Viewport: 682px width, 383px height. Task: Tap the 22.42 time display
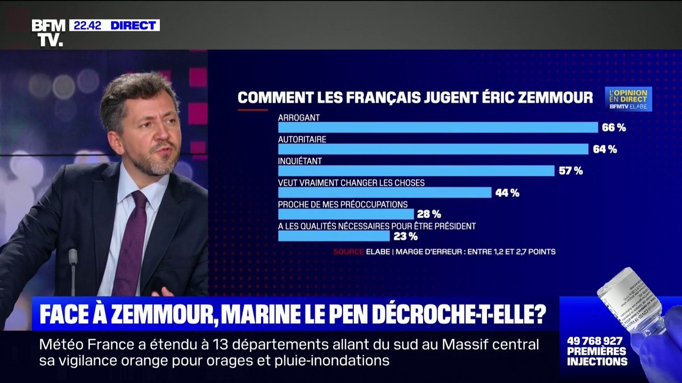87,25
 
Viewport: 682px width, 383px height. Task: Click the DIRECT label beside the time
133,25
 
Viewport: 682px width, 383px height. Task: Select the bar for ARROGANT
437,128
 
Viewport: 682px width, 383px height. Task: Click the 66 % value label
614,128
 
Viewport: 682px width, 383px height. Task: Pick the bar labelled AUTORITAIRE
433,149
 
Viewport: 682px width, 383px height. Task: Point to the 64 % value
605,149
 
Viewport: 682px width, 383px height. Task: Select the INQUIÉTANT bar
416,171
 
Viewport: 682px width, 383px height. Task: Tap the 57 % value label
571,171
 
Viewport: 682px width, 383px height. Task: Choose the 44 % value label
507,193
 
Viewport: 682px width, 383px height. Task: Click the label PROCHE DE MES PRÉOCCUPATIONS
343,204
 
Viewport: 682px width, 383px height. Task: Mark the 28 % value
429,214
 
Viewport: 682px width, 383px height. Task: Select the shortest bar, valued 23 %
334,236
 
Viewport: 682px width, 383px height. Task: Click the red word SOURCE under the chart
348,252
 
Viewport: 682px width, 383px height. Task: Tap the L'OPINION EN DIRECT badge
628,99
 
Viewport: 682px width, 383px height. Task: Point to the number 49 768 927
595,341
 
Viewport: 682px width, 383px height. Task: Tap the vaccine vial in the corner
631,301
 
